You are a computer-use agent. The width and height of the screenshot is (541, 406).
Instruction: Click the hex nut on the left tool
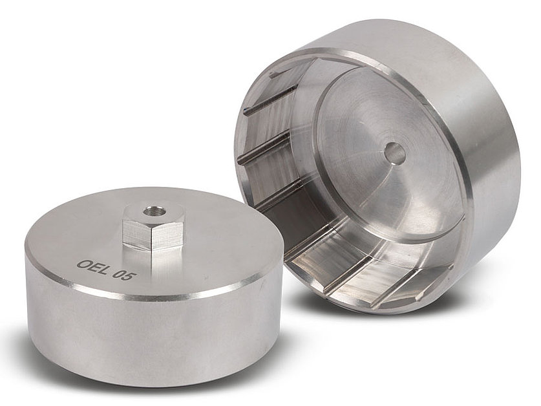[152, 227]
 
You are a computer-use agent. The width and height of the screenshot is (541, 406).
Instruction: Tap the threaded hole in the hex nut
[151, 209]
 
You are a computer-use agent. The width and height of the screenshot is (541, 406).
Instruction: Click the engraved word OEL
[92, 267]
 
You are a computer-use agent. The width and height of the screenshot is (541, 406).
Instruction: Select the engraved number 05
[124, 275]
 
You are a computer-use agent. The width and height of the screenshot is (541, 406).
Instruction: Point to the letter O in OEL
[83, 264]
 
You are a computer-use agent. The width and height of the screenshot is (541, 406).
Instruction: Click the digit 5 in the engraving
[131, 276]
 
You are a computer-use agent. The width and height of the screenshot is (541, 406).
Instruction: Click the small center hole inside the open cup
[395, 153]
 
